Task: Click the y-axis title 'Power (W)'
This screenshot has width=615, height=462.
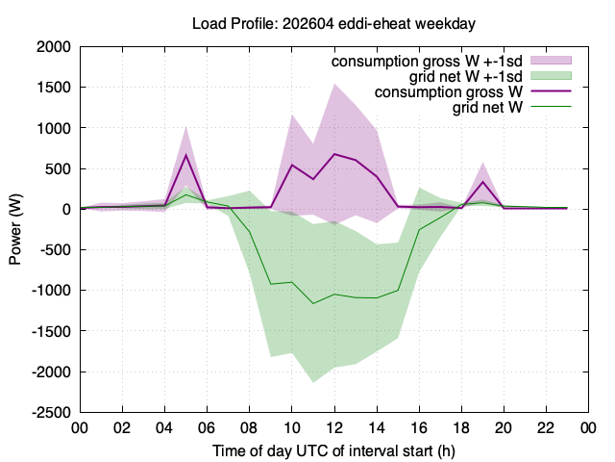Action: pos(15,229)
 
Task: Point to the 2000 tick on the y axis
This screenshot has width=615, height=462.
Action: pos(54,47)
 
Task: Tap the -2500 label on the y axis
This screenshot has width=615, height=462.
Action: pos(51,413)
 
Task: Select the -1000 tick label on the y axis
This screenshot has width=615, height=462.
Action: pos(51,291)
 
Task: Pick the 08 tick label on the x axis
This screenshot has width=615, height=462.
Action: pos(250,427)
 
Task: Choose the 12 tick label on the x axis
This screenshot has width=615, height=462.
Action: pos(334,427)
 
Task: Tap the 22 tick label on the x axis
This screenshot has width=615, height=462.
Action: pos(546,427)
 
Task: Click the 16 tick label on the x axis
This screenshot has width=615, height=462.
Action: pos(419,427)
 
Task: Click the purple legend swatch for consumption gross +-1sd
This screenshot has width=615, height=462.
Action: pos(551,60)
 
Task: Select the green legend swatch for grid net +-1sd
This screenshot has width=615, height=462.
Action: pos(551,76)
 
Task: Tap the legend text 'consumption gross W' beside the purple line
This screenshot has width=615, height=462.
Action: pos(449,92)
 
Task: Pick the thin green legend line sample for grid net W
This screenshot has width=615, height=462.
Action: pos(551,107)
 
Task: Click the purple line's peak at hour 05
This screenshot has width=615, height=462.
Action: pos(185,155)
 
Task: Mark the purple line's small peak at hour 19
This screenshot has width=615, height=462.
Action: pos(482,182)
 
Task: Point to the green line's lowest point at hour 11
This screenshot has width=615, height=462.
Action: pos(313,303)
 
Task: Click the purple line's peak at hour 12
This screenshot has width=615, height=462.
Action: pos(334,154)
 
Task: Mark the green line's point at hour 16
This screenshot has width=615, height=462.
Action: pos(419,230)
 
